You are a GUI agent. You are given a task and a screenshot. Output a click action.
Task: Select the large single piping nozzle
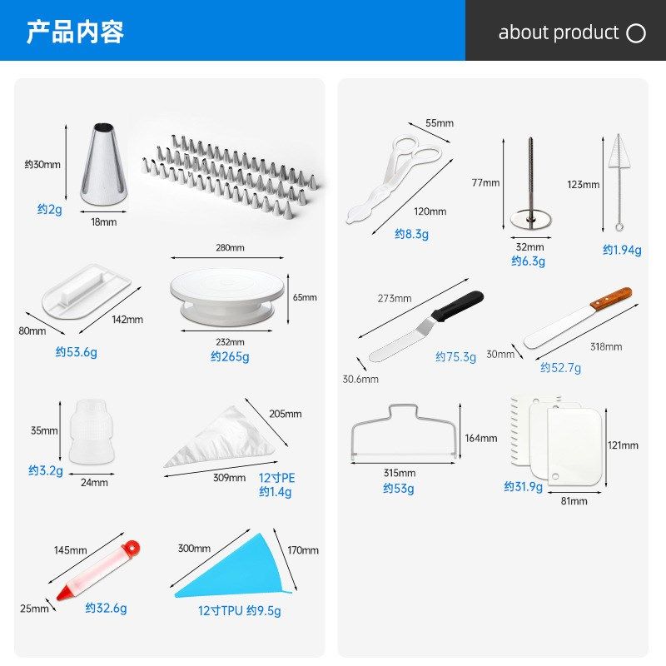104,164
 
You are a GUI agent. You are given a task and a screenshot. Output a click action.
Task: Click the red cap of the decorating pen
130,549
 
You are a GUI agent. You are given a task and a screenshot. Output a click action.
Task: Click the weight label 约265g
230,356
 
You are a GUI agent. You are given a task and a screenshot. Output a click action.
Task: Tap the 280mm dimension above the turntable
230,247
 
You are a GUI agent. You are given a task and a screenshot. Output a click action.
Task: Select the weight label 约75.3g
455,356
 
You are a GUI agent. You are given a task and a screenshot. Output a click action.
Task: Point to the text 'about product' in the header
558,32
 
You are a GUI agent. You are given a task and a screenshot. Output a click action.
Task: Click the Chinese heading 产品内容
75,32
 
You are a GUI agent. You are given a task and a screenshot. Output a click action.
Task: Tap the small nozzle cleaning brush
617,179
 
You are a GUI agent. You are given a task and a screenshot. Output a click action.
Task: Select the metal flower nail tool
530,187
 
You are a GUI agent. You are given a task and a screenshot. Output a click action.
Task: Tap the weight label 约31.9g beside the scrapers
523,486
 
